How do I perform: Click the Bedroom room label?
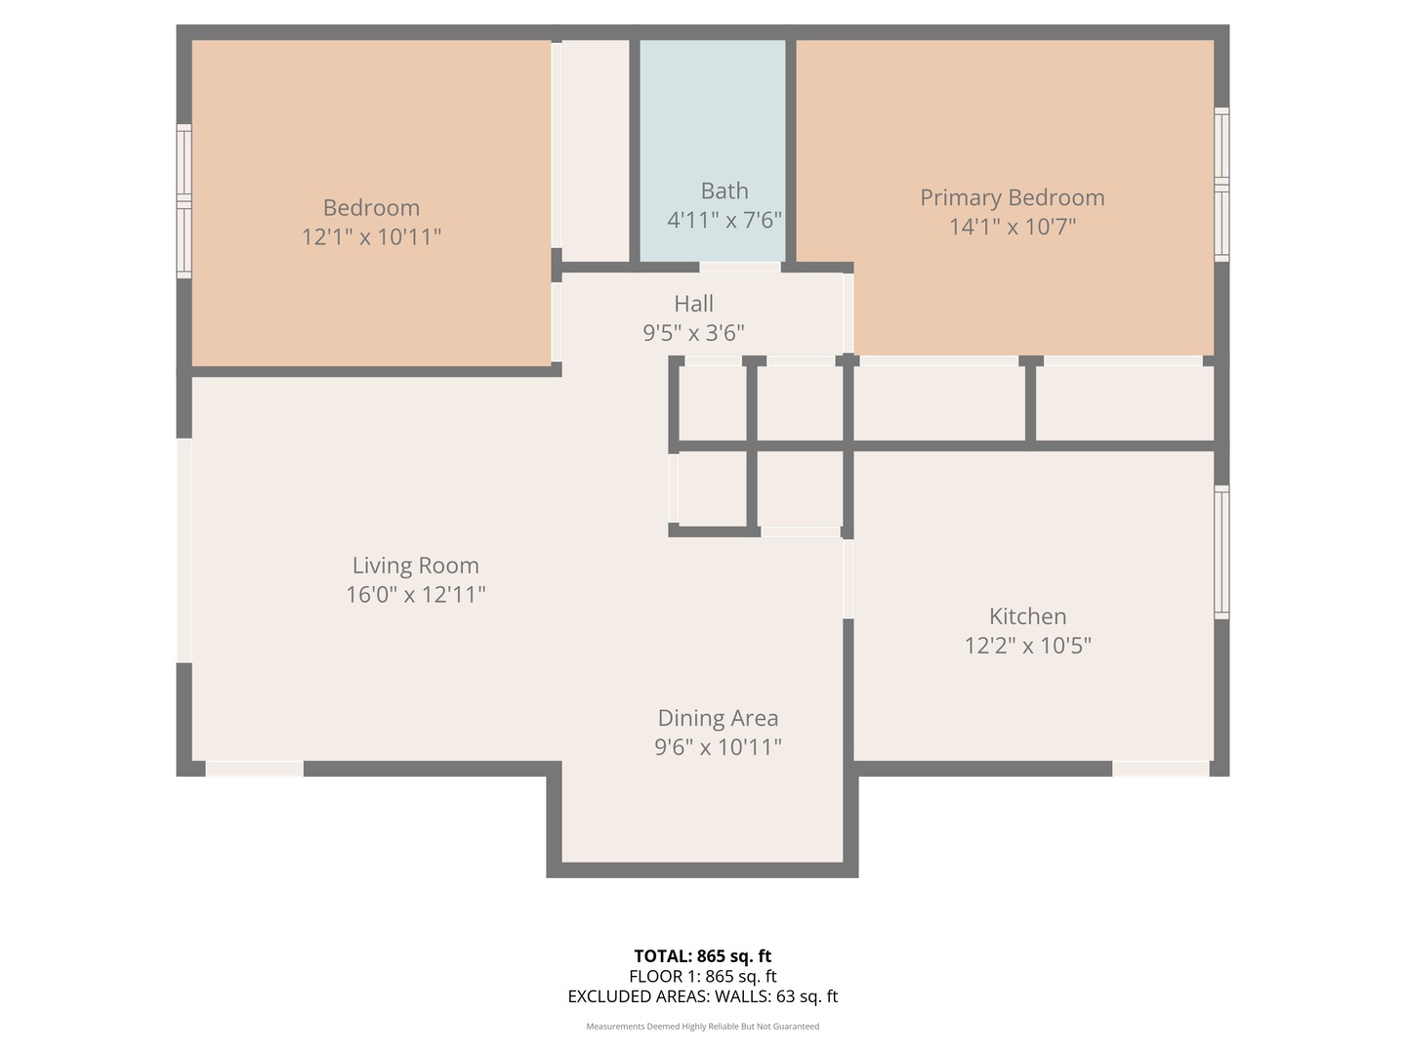[371, 207]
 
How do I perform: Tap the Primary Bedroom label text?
[1013, 198]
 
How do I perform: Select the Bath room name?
[724, 190]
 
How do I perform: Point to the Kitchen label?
[1027, 616]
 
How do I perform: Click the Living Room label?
[416, 566]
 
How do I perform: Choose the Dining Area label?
[718, 718]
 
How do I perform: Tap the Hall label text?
[693, 304]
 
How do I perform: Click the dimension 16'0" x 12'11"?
[416, 595]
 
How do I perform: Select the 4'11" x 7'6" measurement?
[724, 221]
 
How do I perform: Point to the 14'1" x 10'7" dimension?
[1013, 227]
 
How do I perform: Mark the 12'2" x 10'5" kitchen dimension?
[1027, 646]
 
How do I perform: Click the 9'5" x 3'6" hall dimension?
[693, 333]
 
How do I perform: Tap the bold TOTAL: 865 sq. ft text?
[703, 956]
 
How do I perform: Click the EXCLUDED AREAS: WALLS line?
[703, 996]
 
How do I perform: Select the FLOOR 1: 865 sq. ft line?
[703, 976]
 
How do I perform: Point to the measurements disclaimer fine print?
[703, 1026]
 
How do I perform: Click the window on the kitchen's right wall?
[1222, 552]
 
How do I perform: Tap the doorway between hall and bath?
[740, 267]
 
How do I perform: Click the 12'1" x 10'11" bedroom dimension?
[371, 237]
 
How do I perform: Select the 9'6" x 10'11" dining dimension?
[718, 747]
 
